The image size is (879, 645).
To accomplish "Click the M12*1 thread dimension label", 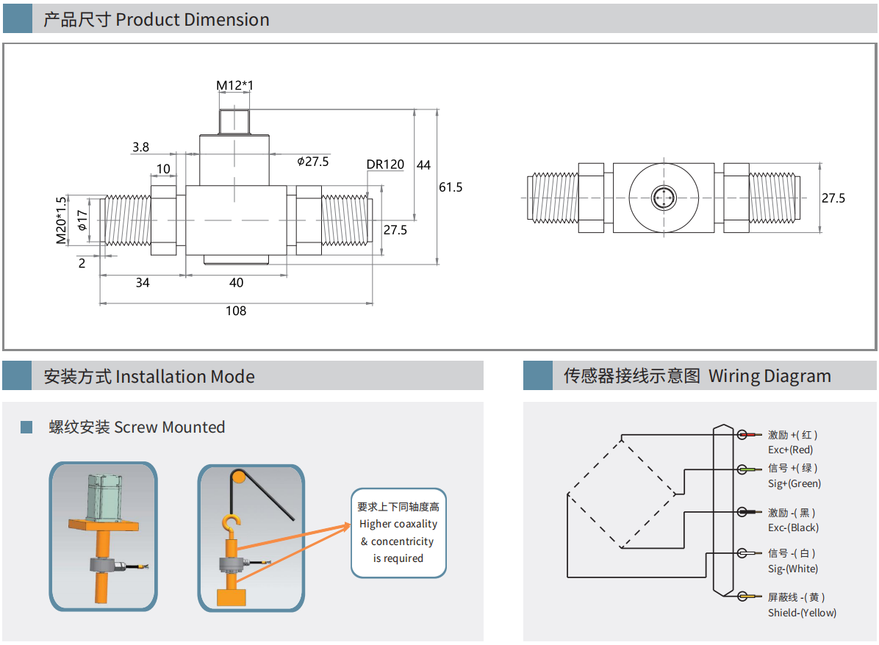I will [x=234, y=86].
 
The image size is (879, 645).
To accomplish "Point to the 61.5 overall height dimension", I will [x=451, y=187].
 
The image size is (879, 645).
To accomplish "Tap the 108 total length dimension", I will [x=235, y=311].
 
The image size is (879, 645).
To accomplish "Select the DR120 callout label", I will [x=385, y=165].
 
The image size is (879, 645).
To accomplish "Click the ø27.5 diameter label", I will [x=312, y=162].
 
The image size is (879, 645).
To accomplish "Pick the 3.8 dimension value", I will [x=140, y=147].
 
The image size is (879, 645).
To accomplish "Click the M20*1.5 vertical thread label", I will [x=61, y=220].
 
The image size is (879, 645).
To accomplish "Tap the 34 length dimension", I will [x=143, y=283].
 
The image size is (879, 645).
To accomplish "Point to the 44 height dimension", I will [x=423, y=165].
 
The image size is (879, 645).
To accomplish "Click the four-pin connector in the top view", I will [x=664, y=197].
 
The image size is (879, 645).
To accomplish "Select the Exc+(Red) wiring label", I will [x=790, y=450].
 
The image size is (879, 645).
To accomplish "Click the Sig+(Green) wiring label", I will [x=794, y=483].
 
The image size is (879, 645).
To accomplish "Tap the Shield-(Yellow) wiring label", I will [x=802, y=613].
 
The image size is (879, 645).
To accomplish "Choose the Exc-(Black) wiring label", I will [x=793, y=527].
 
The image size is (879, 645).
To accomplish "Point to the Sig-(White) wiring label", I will [x=792, y=569].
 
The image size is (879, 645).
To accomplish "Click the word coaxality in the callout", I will [x=415, y=524].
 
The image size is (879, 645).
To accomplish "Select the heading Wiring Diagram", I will [x=769, y=376].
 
